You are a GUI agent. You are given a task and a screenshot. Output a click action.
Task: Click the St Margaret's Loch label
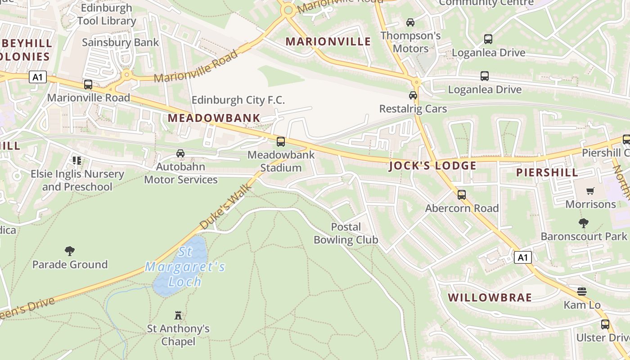coord(185,267)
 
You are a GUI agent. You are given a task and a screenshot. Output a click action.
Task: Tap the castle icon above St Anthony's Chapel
coord(178,315)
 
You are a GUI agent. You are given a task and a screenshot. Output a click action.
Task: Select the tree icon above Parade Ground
coord(70,251)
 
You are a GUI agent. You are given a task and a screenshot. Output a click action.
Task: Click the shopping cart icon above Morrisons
coord(590,191)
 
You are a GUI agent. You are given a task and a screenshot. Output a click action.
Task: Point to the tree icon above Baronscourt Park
coord(584,223)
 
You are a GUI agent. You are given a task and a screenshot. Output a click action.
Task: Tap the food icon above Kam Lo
coord(582,292)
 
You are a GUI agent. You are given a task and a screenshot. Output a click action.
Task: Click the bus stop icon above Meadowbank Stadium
coord(281,142)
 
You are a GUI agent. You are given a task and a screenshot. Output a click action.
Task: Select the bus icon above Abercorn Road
coord(462,195)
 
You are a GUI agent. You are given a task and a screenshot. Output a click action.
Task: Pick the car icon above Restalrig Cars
coord(413,95)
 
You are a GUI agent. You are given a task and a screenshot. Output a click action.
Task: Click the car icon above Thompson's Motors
coord(410,22)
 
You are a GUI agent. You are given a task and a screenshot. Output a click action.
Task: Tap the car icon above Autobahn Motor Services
coord(180,153)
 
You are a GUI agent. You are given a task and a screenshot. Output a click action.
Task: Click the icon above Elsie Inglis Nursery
coord(77,160)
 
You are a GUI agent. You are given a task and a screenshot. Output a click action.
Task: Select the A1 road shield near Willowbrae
coord(522,257)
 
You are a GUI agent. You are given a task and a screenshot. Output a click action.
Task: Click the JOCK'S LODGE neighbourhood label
coord(432,166)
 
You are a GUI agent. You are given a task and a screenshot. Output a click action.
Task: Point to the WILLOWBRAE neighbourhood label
coord(490,297)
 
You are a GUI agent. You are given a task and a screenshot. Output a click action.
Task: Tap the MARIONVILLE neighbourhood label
coord(328,42)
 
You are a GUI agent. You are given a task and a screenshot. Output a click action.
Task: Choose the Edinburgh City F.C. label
coord(238,100)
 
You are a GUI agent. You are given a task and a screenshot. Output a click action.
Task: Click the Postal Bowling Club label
coord(346,233)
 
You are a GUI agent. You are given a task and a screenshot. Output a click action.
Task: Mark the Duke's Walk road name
coord(225,209)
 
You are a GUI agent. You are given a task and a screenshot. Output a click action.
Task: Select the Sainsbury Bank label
coord(120,42)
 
